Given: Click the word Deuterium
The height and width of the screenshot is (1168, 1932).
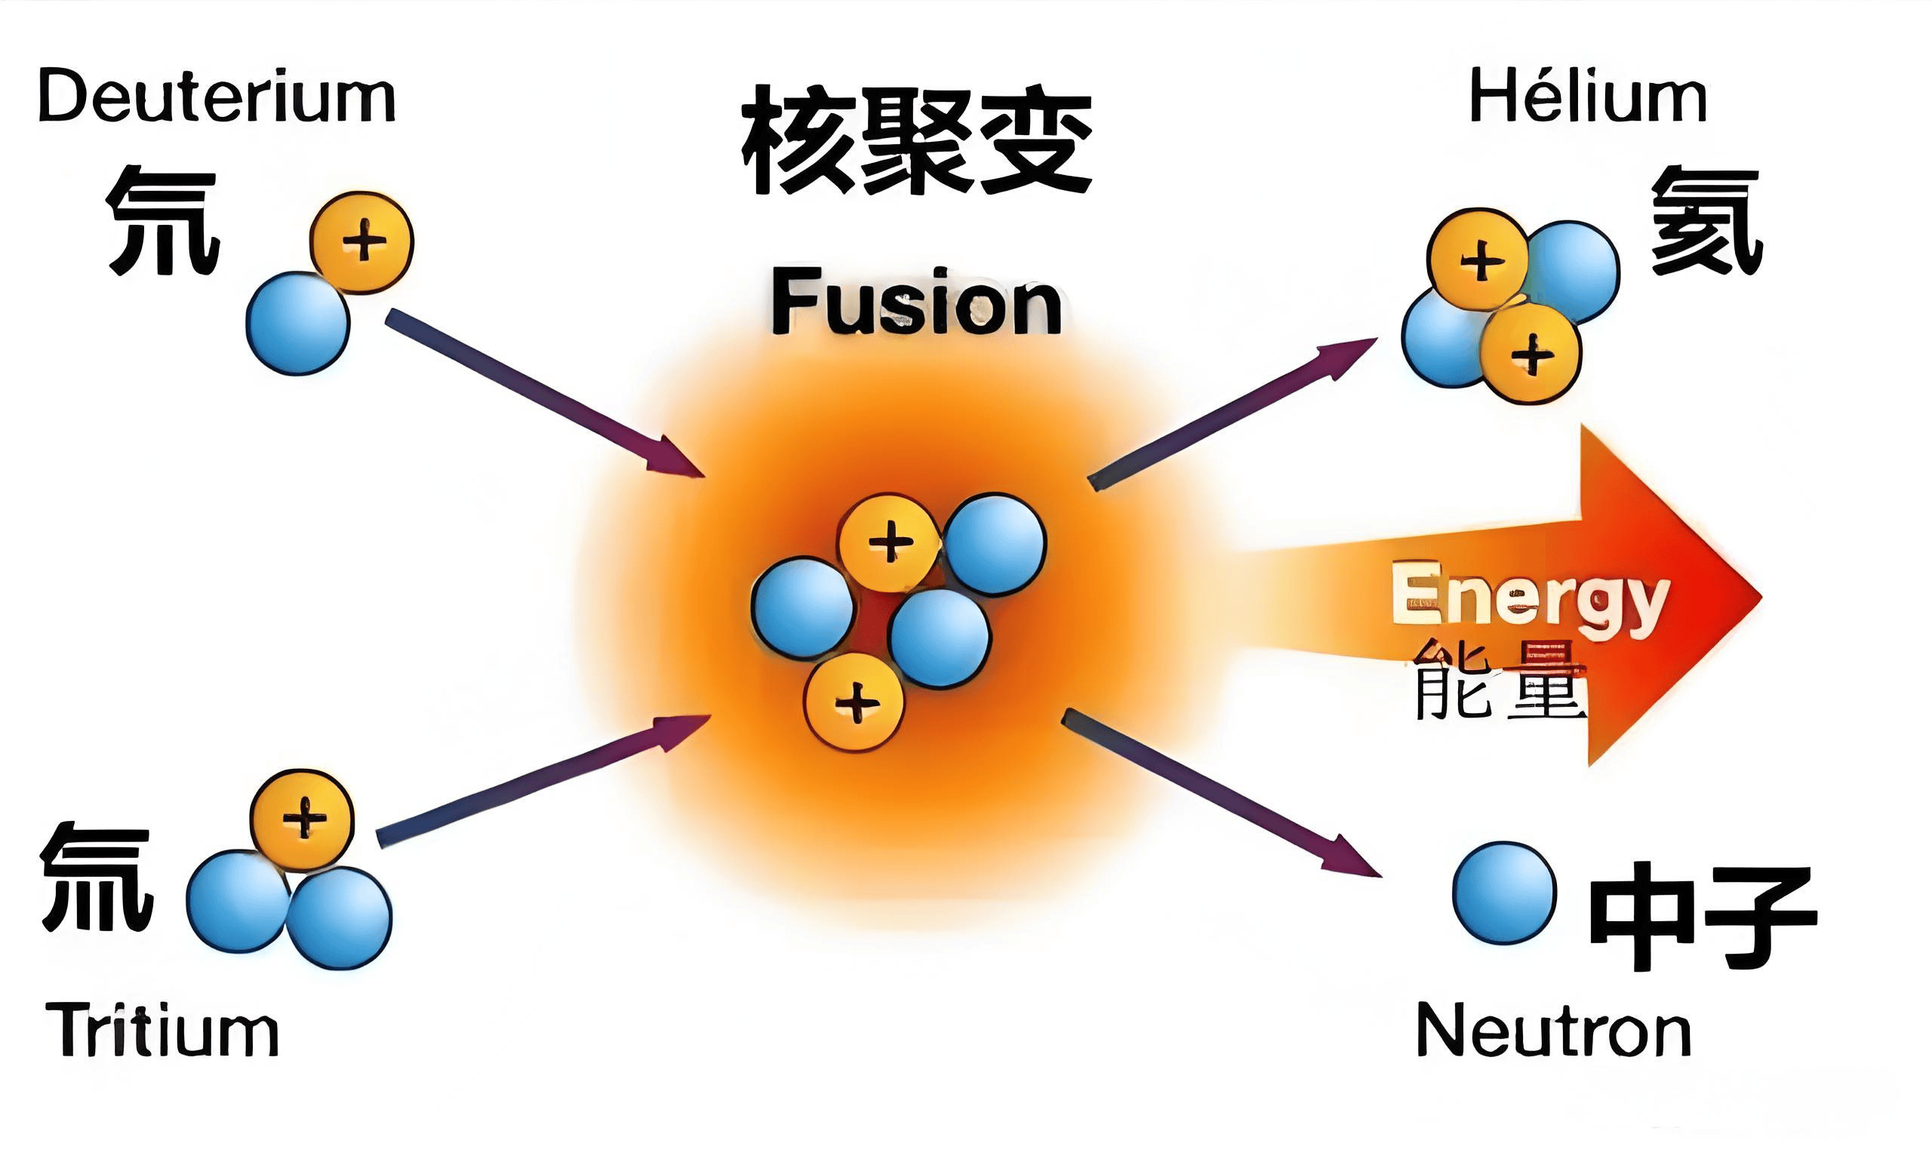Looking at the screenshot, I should (217, 98).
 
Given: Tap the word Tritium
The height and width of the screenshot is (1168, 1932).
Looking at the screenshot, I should (162, 1030).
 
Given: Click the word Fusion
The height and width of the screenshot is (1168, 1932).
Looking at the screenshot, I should (916, 303).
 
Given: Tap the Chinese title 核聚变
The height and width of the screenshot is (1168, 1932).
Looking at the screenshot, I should (916, 141).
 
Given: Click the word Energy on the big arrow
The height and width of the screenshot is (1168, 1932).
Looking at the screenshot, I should (1529, 598).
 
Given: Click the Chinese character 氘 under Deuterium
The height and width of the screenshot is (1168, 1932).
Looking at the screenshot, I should (163, 221).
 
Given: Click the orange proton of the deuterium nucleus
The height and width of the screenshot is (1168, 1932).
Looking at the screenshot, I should (361, 241).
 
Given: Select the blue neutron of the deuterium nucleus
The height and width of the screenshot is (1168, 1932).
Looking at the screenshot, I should (298, 323).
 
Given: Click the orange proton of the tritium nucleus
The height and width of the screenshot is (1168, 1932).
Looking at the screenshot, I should (302, 819).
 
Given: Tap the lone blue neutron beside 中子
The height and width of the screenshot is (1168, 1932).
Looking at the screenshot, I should (1504, 893).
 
